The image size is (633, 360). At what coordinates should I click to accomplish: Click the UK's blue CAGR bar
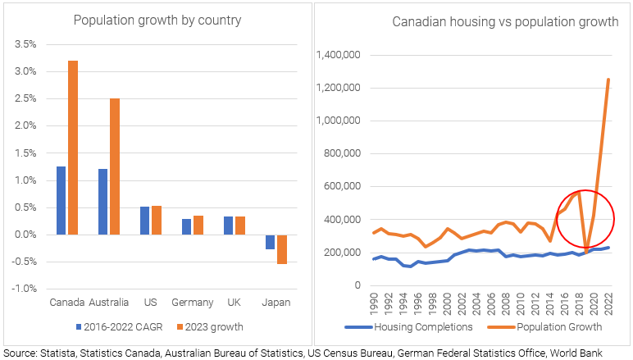[227, 226]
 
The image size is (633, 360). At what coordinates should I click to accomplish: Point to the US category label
[151, 302]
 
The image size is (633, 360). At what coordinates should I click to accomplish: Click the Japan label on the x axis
[276, 302]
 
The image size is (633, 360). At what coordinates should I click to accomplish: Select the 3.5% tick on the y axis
[25, 44]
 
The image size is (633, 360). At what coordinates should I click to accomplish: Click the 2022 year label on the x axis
[608, 304]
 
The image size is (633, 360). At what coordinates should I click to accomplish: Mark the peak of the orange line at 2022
[608, 80]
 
